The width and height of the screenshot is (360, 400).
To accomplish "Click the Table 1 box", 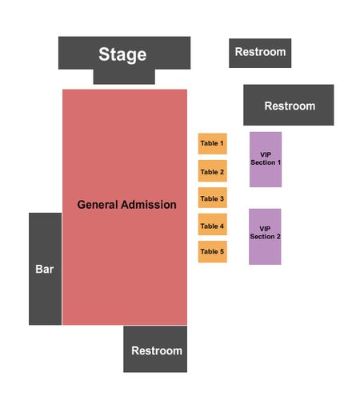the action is pyautogui.click(x=213, y=144).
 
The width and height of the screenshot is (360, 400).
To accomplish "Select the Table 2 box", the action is pyautogui.click(x=213, y=171).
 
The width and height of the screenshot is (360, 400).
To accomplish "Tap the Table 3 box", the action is pyautogui.click(x=213, y=198).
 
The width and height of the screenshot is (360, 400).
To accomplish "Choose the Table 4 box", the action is pyautogui.click(x=213, y=224).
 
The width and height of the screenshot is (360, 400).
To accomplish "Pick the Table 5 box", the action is pyautogui.click(x=213, y=252).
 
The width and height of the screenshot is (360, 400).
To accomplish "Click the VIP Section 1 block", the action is pyautogui.click(x=266, y=159).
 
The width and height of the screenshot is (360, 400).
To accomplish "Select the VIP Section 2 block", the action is pyautogui.click(x=265, y=237).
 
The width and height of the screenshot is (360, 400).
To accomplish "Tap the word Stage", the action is pyautogui.click(x=122, y=55).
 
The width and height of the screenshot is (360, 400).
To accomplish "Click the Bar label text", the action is pyautogui.click(x=45, y=269).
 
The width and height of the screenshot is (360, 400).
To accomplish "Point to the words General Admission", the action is pyautogui.click(x=126, y=205).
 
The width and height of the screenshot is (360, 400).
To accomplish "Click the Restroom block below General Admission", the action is pyautogui.click(x=155, y=349).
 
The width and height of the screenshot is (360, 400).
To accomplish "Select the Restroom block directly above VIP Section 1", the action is pyautogui.click(x=289, y=105).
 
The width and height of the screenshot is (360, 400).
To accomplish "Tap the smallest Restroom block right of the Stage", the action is pyautogui.click(x=260, y=53).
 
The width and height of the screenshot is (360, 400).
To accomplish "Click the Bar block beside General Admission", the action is pyautogui.click(x=45, y=269).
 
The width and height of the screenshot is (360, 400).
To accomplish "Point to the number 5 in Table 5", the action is pyautogui.click(x=222, y=251).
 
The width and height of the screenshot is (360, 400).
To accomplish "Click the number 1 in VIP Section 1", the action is pyautogui.click(x=279, y=162).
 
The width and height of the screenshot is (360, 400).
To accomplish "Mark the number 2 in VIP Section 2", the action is pyautogui.click(x=278, y=237).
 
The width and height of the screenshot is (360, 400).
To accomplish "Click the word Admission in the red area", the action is pyautogui.click(x=149, y=205).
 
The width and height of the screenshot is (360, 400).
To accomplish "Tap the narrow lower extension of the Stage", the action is pyautogui.click(x=124, y=77).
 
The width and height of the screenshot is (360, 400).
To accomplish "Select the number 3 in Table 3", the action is pyautogui.click(x=222, y=198).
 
